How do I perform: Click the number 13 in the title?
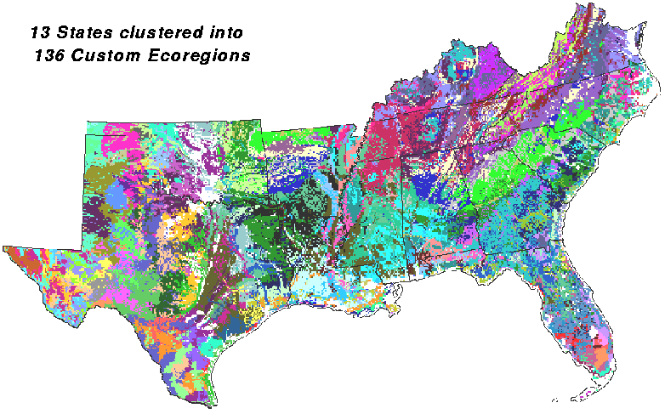click(39, 33)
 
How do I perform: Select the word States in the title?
click(78, 33)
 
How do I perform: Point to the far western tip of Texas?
click(5, 247)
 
